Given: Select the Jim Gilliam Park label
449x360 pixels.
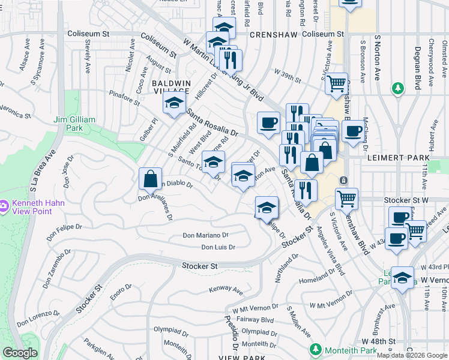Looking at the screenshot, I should (x=74, y=124).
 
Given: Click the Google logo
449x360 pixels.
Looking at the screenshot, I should (x=20, y=353).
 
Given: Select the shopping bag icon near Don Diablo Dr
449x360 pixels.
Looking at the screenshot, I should (x=150, y=179).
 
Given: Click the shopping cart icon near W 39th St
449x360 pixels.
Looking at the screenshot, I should (x=337, y=83).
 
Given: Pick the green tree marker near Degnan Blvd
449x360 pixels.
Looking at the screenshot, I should (x=397, y=89).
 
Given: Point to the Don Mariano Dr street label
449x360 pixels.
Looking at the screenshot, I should (x=205, y=236).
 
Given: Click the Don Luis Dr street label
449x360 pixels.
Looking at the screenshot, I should (x=218, y=247).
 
